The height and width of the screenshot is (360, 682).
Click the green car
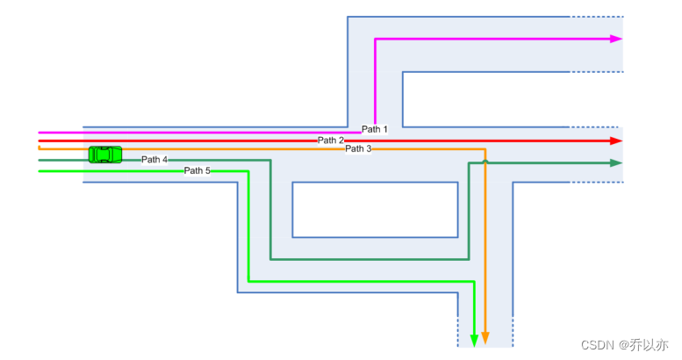click(105, 155)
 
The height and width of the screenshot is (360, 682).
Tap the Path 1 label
click(375, 130)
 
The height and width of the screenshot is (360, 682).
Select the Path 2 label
click(331, 140)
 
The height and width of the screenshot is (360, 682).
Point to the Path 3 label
click(358, 149)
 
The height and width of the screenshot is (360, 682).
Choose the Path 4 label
click(154, 160)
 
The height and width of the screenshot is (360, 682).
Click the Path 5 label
click(197, 170)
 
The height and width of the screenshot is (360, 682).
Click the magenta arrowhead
click(616, 39)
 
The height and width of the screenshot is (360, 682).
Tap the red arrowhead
click(616, 140)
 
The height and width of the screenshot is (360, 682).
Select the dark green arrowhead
click(616, 163)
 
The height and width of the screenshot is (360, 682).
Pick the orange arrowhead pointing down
click(485, 339)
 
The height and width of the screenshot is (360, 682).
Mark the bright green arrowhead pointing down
click(475, 339)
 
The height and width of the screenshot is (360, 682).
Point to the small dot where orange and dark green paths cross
click(485, 162)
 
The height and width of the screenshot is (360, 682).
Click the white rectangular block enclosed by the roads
click(375, 209)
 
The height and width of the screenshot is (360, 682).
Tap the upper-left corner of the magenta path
click(376, 40)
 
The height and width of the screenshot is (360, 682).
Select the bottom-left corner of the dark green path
click(270, 259)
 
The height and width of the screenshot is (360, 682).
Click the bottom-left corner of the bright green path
click(248, 281)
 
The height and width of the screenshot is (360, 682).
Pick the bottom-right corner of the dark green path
click(469, 259)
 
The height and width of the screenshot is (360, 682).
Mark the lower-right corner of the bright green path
click(475, 281)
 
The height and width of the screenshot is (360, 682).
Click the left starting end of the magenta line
click(40, 133)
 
